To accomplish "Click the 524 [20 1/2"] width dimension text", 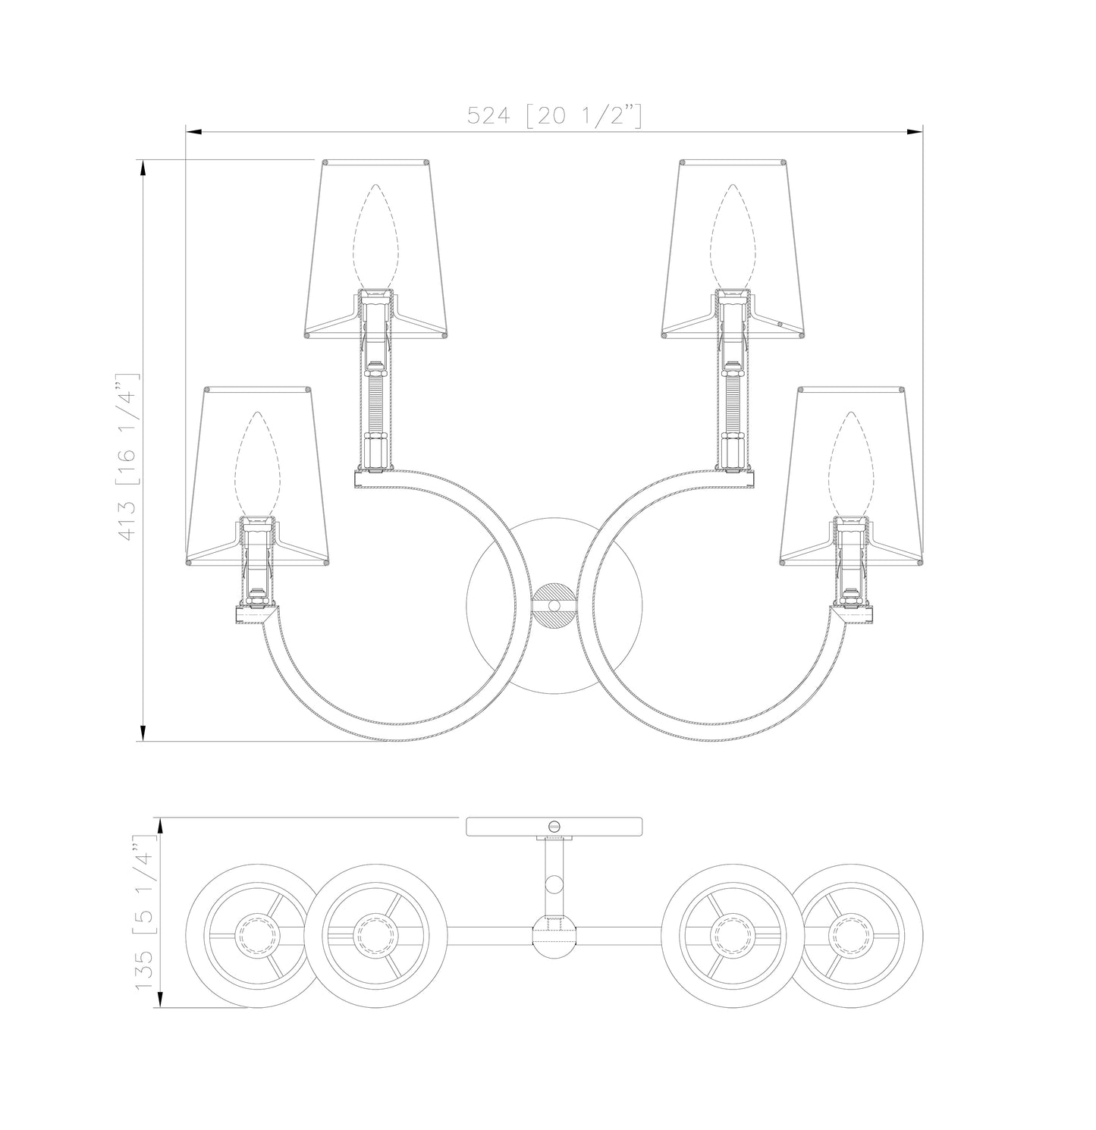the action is click(x=554, y=115).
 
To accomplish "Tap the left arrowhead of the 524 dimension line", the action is click(x=193, y=133).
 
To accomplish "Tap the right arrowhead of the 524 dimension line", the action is click(x=915, y=133).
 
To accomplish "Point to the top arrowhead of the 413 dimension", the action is click(x=142, y=168).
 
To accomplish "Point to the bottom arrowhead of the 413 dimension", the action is click(x=142, y=733).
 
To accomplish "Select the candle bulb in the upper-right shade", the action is click(x=733, y=237).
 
